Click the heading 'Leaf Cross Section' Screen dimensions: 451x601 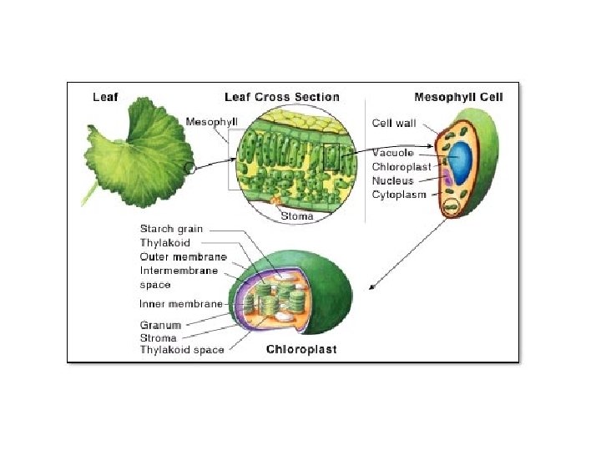click(281, 97)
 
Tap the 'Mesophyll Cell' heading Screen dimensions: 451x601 click(460, 97)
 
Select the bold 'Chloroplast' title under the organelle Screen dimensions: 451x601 click(301, 350)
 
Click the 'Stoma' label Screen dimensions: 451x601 click(296, 216)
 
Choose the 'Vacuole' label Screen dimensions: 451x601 click(391, 153)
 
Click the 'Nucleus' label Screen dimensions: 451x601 click(392, 180)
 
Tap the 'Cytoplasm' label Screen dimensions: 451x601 click(398, 195)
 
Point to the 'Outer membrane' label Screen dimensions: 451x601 click(183, 256)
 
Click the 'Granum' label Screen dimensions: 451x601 click(159, 325)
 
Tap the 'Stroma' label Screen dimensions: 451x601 click(158, 337)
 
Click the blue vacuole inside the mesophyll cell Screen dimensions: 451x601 click(461, 158)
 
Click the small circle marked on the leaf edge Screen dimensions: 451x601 click(191, 167)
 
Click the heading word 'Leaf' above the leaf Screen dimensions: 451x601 click(105, 97)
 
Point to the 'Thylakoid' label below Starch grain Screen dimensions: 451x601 click(164, 243)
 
